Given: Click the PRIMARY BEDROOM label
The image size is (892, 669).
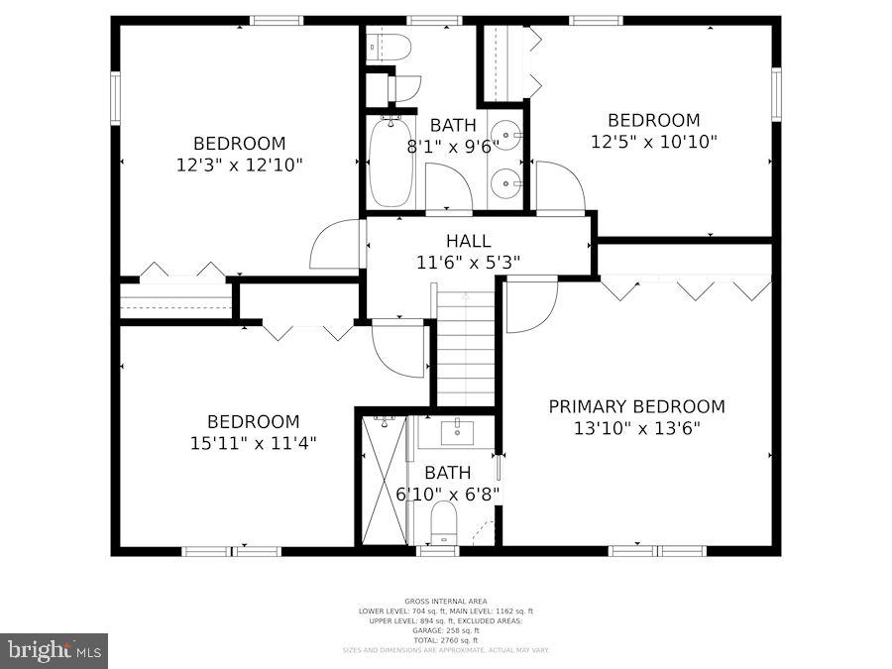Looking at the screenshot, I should pyautogui.click(x=636, y=406).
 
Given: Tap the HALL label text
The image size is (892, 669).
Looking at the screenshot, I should pyautogui.click(x=468, y=241).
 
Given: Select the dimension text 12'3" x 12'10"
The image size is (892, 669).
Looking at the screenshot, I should pyautogui.click(x=239, y=165).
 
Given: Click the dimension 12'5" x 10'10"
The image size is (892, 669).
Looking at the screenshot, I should pyautogui.click(x=653, y=142).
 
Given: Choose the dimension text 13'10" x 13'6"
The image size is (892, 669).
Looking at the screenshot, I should pyautogui.click(x=636, y=428).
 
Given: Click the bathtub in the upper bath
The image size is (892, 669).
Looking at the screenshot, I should pyautogui.click(x=390, y=162).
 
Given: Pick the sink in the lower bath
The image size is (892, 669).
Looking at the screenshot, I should pyautogui.click(x=457, y=430).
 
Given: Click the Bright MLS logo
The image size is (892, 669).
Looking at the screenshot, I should pyautogui.click(x=55, y=651).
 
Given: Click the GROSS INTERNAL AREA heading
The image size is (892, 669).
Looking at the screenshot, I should pyautogui.click(x=445, y=602).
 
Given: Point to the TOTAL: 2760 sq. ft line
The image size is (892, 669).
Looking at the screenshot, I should pyautogui.click(x=445, y=639).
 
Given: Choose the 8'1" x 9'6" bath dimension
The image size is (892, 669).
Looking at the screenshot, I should pyautogui.click(x=453, y=147).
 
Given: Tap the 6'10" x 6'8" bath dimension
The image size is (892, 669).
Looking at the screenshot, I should pyautogui.click(x=448, y=493).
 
